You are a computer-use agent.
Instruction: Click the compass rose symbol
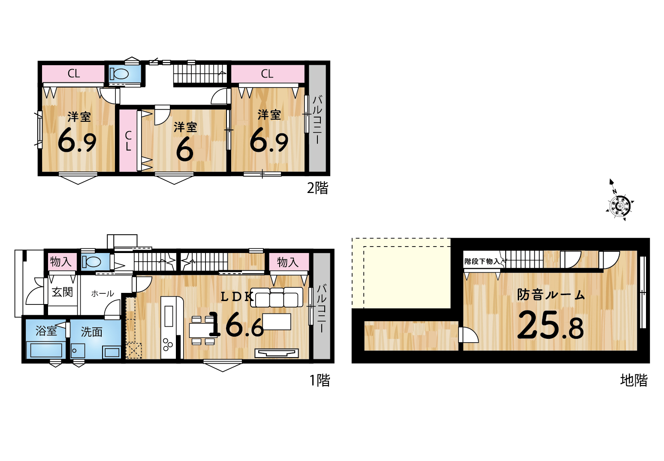coord(619,205)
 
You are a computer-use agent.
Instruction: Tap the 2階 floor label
coord(317,188)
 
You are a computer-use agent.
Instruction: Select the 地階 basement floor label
coord(634,380)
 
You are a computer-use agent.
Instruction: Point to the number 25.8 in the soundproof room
coord(550,325)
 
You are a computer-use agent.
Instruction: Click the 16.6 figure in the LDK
coord(236,325)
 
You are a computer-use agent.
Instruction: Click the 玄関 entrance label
coord(62,292)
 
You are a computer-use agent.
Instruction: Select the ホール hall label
coord(103,294)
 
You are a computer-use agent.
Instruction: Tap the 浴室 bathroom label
coord(46,331)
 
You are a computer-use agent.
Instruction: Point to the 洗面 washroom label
coord(92,332)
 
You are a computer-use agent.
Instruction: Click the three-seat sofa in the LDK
coord(277,297)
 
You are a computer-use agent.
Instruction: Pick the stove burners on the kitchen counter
coord(167,344)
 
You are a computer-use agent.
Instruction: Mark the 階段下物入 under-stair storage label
coord(482,261)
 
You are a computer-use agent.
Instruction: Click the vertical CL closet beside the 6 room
coord(128,140)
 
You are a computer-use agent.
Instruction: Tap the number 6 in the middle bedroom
coord(185,150)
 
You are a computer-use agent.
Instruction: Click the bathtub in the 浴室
coord(46,350)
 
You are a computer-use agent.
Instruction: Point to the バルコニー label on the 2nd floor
coord(317,119)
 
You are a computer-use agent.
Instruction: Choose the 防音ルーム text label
coord(551,295)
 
